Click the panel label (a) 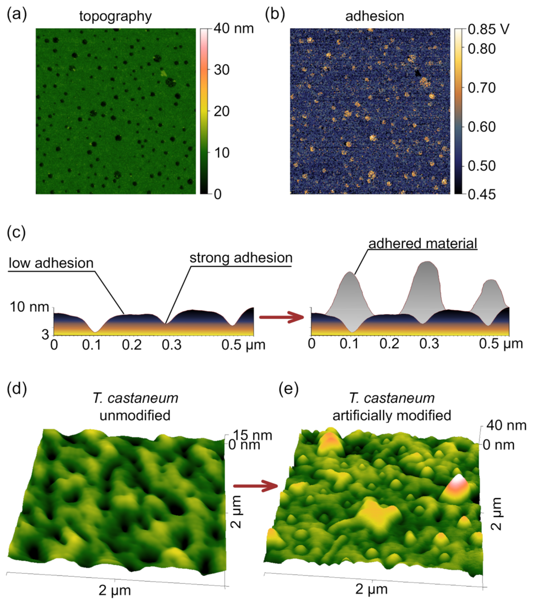pyautogui.click(x=17, y=15)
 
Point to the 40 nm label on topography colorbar pyautogui.click(x=233, y=29)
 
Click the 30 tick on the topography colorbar pyautogui.click(x=222, y=70)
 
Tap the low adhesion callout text pyautogui.click(x=51, y=263)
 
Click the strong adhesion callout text pyautogui.click(x=241, y=258)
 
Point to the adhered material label pyautogui.click(x=423, y=244)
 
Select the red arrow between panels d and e pyautogui.click(x=255, y=486)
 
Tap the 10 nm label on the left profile pyautogui.click(x=29, y=307)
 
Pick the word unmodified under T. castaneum pyautogui.click(x=135, y=415)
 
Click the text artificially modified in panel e pyautogui.click(x=392, y=415)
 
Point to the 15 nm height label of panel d pyautogui.click(x=253, y=435)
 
